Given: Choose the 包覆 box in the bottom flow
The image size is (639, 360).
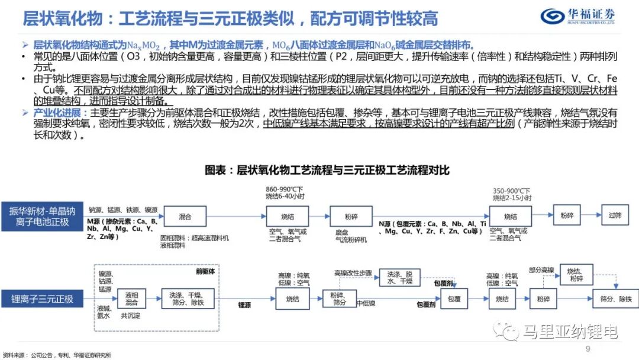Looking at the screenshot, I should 454,299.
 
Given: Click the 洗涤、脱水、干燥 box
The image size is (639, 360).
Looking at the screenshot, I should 400,278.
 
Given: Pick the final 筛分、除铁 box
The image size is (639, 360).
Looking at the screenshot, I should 616,299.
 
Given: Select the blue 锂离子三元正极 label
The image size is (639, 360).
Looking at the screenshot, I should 42,299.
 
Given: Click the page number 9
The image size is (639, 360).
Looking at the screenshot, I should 588,348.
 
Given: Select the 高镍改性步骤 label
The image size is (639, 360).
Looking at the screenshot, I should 353,273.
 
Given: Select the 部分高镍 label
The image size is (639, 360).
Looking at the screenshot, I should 542,270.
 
